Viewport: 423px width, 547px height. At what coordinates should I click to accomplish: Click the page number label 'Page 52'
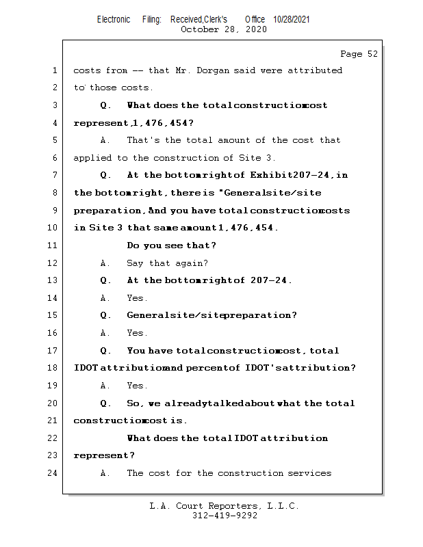(x=359, y=54)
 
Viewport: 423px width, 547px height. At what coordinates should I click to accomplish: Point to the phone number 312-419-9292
(x=225, y=516)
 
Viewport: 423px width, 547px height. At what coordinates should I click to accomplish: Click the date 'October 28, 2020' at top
(x=224, y=29)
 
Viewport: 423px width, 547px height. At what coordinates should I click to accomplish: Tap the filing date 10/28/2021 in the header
(x=291, y=20)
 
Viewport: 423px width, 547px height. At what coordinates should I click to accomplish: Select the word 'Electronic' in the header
(x=114, y=20)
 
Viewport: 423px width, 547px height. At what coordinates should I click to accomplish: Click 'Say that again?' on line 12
(x=168, y=263)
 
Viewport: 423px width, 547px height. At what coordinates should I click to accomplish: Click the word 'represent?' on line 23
(x=104, y=455)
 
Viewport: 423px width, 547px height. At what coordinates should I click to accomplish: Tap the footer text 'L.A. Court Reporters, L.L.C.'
(x=225, y=507)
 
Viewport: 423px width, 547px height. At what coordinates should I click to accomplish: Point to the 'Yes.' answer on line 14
(x=138, y=298)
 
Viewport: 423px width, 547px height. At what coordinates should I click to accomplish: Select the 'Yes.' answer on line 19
(x=138, y=386)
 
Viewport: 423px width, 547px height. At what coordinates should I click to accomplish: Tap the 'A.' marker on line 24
(x=105, y=473)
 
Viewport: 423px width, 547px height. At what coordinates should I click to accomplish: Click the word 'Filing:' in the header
(x=152, y=20)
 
